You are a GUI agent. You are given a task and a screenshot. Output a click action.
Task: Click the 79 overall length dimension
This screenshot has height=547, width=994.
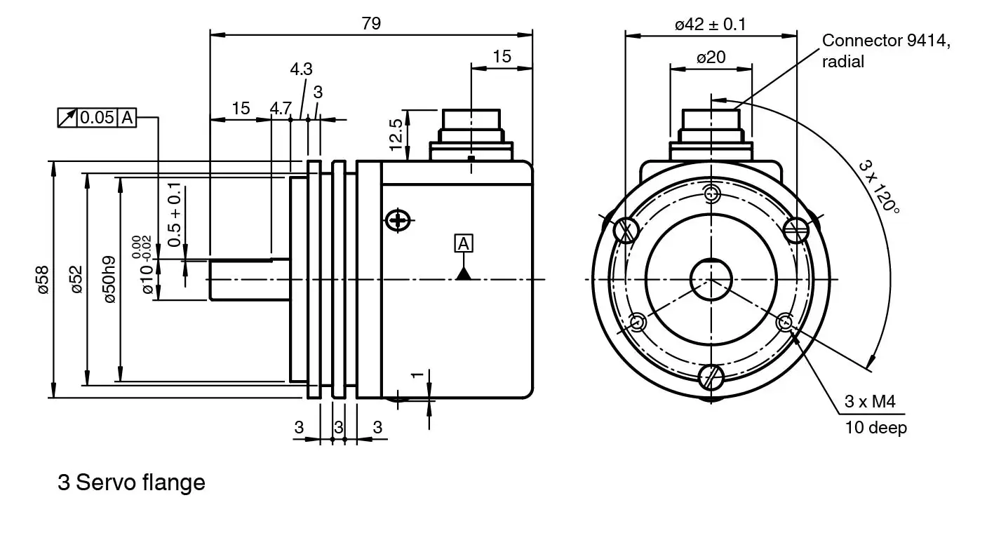tap(371, 23)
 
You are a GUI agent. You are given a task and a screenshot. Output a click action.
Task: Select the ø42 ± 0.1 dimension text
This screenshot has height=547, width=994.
tap(711, 24)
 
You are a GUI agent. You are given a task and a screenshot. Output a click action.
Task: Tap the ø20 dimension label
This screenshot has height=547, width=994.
tap(711, 58)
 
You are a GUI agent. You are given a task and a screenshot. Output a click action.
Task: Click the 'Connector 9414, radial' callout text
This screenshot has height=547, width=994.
tap(886, 50)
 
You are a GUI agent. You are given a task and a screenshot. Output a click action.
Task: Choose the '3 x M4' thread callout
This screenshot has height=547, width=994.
tap(870, 402)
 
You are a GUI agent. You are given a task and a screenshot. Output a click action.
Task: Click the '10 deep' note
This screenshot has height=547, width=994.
tap(875, 427)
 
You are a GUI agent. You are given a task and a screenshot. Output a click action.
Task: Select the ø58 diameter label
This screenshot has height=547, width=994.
tap(43, 280)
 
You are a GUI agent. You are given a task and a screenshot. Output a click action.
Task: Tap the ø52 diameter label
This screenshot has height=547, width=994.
tap(76, 280)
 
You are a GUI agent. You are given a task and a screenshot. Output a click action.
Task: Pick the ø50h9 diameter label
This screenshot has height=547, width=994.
tap(109, 280)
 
